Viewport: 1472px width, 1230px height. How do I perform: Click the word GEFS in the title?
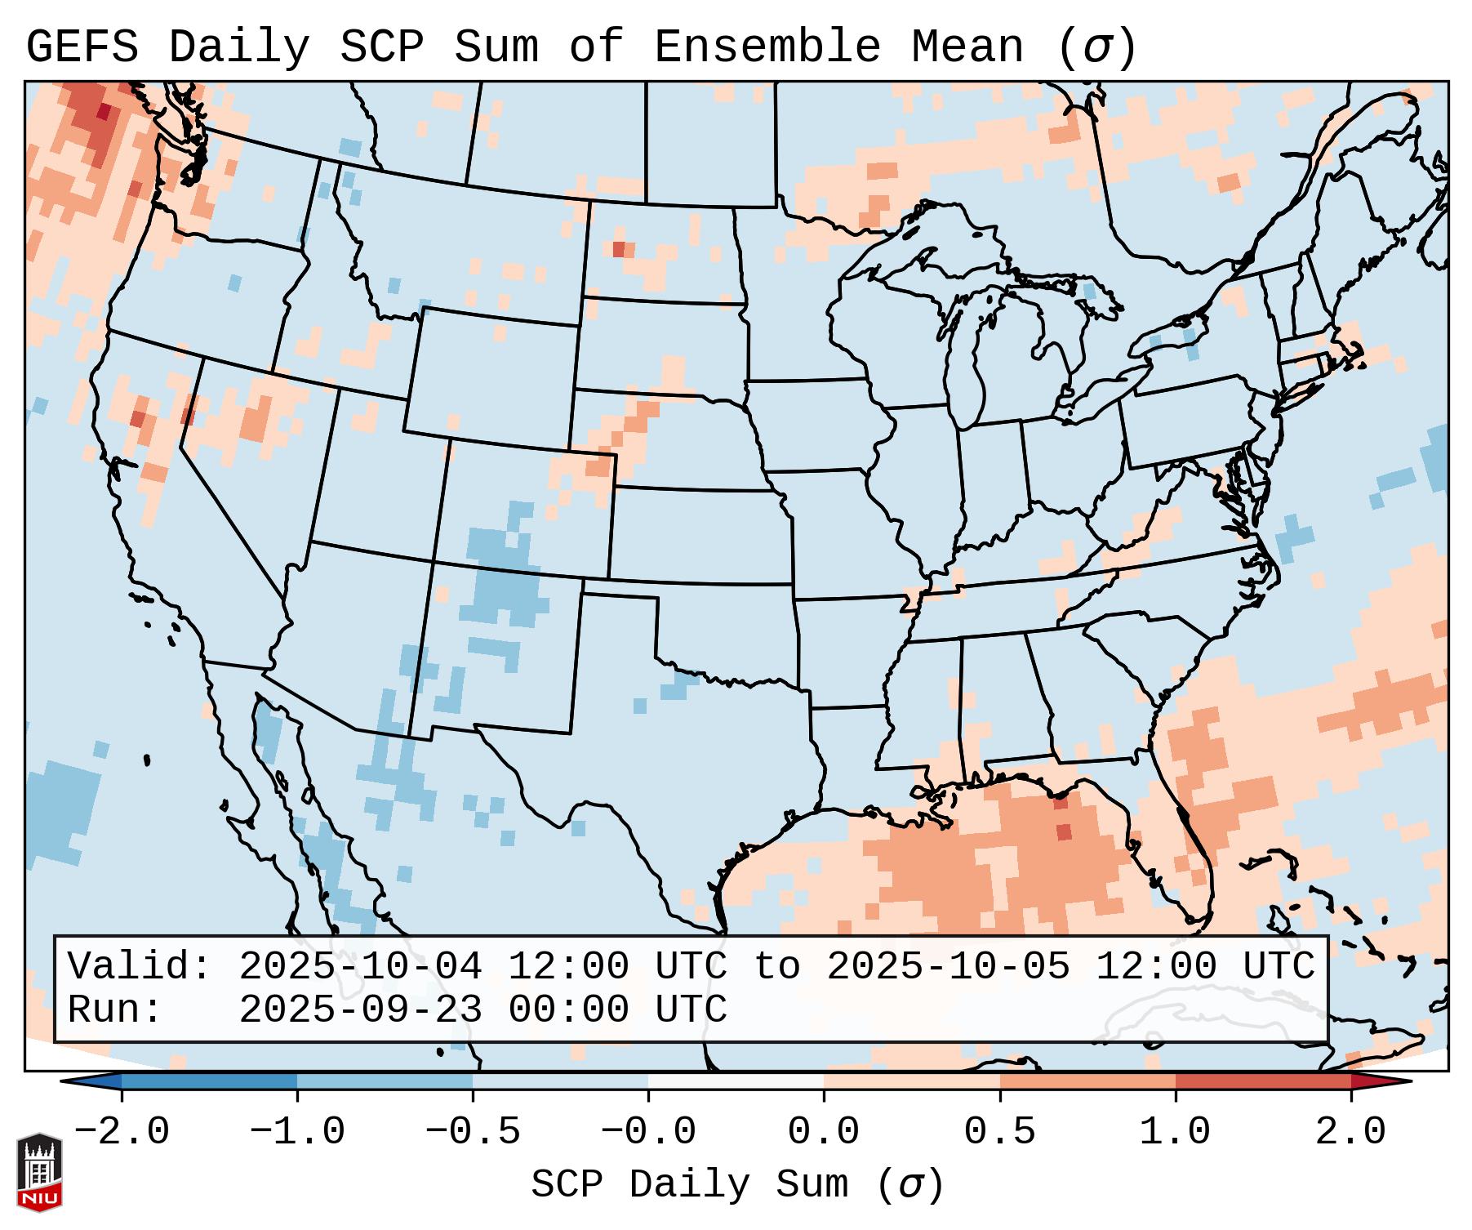pyautogui.click(x=82, y=47)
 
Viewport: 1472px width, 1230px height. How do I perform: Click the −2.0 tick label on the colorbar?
pyautogui.click(x=121, y=1132)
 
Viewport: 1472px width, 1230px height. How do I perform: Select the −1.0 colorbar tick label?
pyautogui.click(x=296, y=1132)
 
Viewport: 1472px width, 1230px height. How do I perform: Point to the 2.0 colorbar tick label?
pyautogui.click(x=1351, y=1132)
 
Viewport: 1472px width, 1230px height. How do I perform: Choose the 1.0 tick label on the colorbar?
pyautogui.click(x=1175, y=1132)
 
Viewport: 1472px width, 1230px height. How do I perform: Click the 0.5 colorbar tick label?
pyautogui.click(x=999, y=1132)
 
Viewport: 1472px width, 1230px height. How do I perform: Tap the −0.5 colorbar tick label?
pyautogui.click(x=472, y=1132)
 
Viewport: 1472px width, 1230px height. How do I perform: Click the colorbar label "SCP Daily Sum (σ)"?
pyautogui.click(x=737, y=1184)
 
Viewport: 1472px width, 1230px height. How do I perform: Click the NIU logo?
pyautogui.click(x=39, y=1173)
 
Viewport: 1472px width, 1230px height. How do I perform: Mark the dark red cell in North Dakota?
pyautogui.click(x=619, y=248)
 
